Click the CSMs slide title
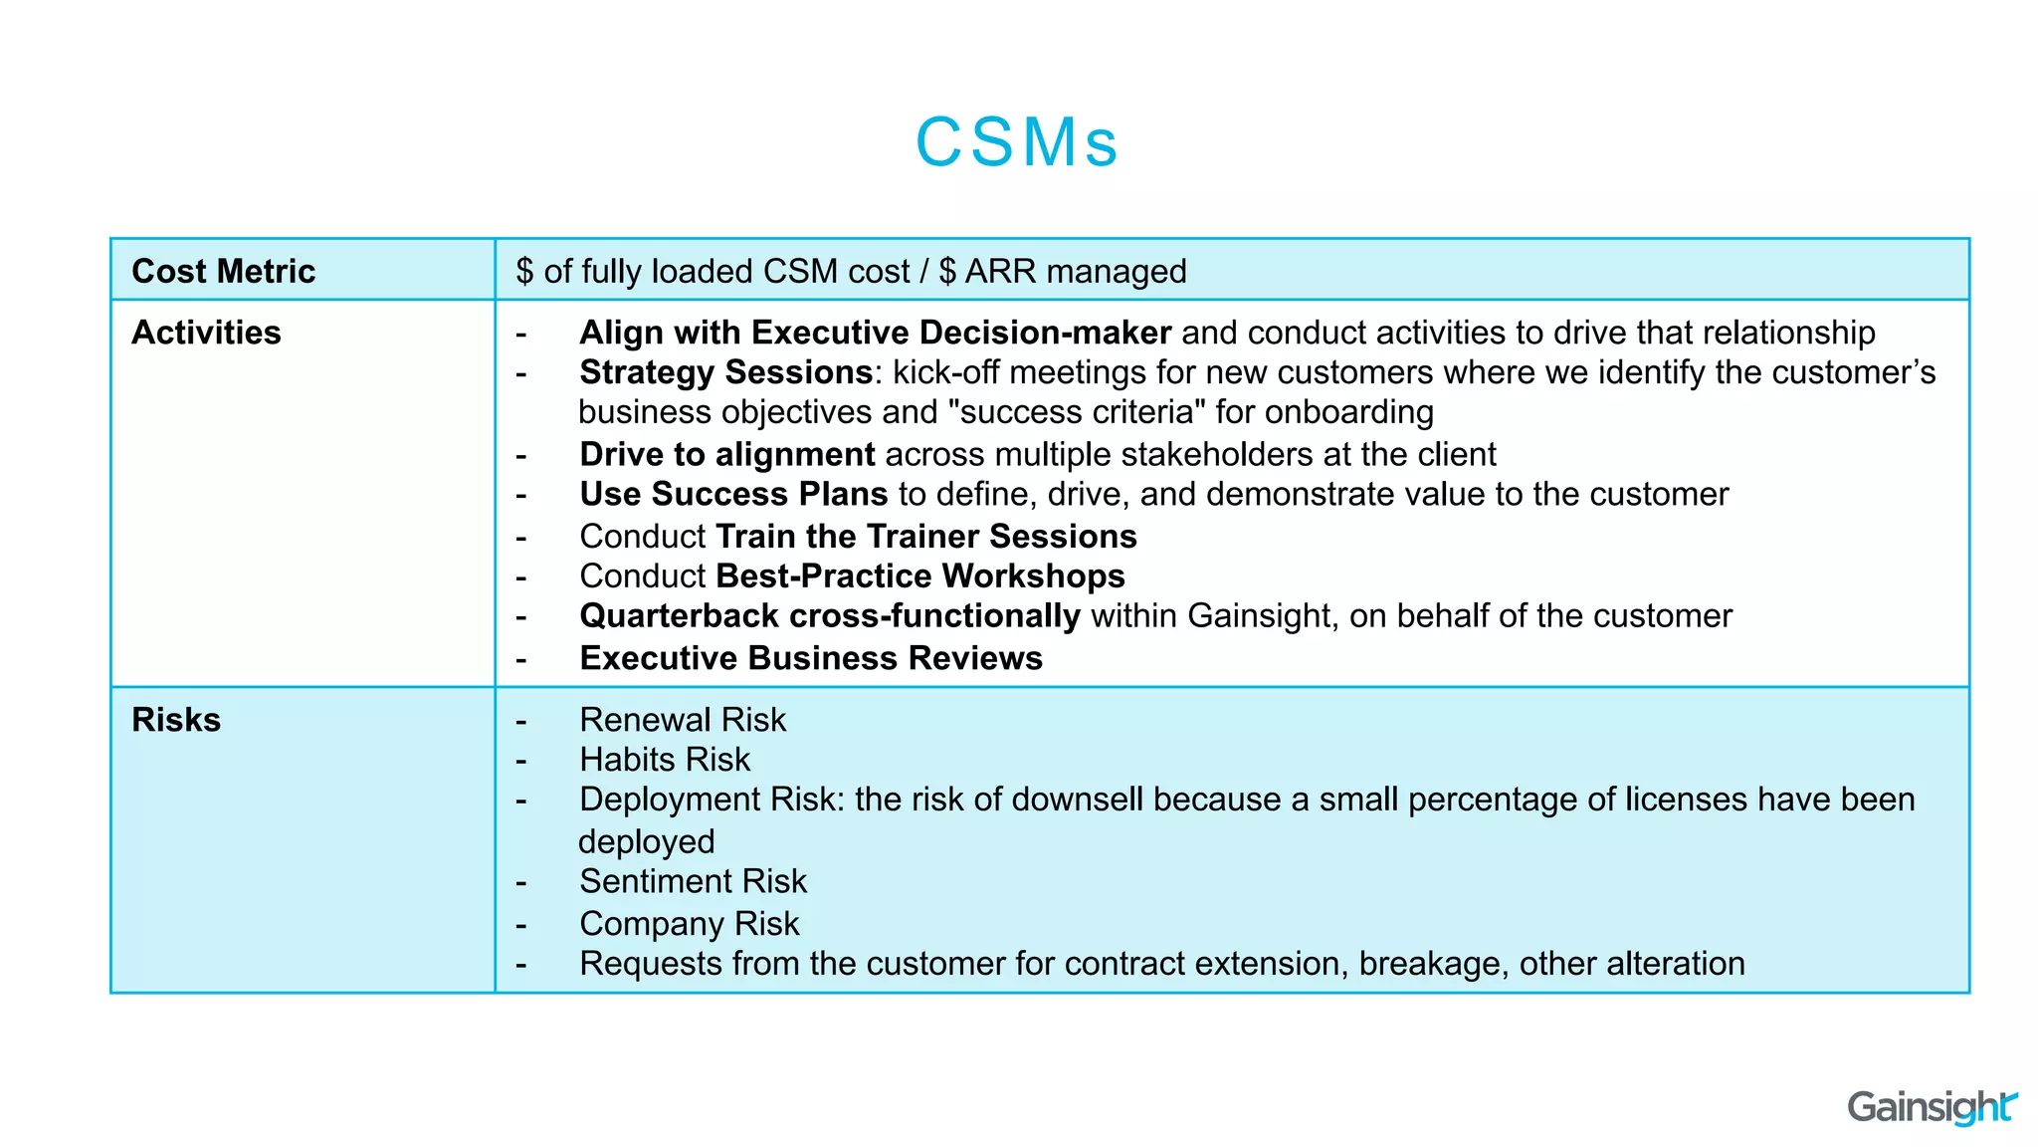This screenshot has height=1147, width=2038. (1017, 141)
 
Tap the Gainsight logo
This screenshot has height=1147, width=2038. (1931, 1107)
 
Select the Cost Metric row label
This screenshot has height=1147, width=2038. (223, 271)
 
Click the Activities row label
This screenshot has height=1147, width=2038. (206, 333)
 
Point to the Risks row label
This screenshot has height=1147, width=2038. (176, 720)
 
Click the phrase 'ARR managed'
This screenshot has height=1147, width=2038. (1076, 271)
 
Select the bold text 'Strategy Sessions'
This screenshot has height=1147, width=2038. (725, 372)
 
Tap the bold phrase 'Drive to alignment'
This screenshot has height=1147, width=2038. (726, 454)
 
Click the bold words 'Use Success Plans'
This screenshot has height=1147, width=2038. (732, 494)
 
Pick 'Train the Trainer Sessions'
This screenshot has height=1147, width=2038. (925, 536)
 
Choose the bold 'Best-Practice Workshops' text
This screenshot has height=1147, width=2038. (919, 575)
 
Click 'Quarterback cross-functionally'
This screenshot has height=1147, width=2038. (829, 615)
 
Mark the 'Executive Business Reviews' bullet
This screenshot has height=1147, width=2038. (810, 658)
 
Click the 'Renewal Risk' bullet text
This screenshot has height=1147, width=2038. (683, 720)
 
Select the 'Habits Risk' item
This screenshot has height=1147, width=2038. (664, 760)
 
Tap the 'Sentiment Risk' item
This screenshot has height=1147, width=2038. (693, 881)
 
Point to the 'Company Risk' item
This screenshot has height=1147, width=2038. (689, 924)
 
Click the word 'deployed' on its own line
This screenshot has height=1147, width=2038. (646, 842)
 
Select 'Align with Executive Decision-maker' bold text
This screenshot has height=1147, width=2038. (875, 333)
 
